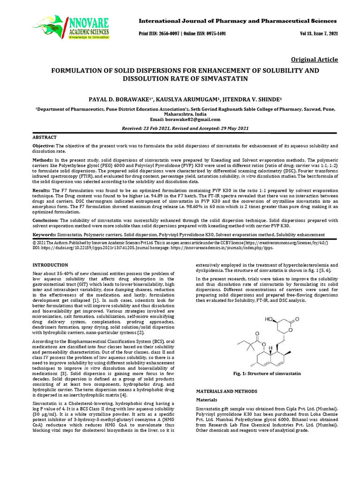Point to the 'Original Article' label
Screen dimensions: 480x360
click(x=315, y=60)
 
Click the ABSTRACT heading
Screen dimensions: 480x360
click(x=45, y=137)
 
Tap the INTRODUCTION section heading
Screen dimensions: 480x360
click(x=50, y=265)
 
